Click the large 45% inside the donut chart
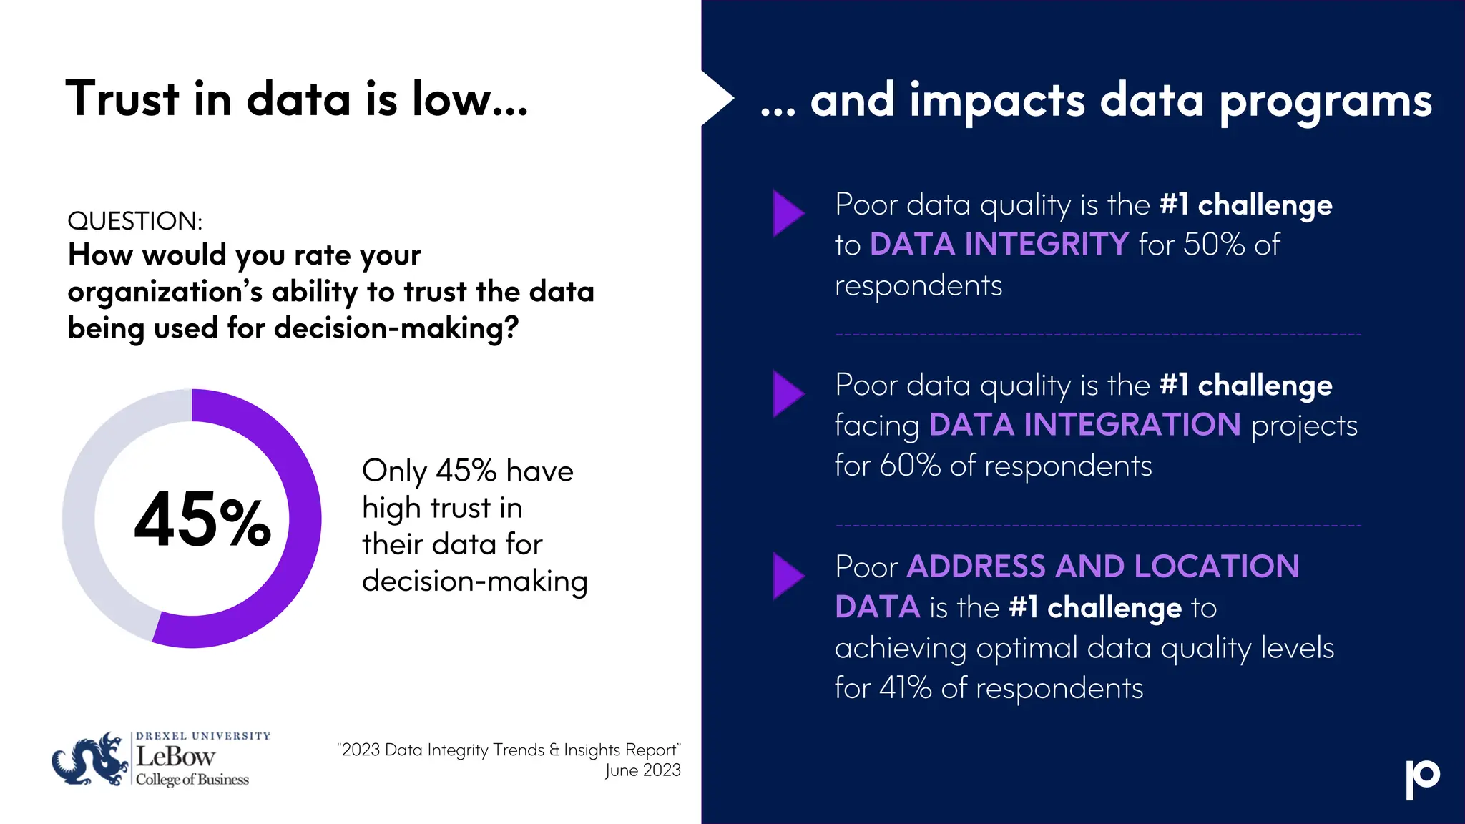(x=202, y=520)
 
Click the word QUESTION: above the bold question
(x=135, y=221)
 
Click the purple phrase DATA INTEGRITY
(x=999, y=245)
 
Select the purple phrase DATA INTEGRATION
(x=1084, y=425)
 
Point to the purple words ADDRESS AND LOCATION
(x=1102, y=566)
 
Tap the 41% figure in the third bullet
(x=906, y=688)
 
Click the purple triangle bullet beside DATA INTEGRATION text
(x=788, y=393)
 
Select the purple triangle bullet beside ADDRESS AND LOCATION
(x=788, y=576)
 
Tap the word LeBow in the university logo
(x=175, y=757)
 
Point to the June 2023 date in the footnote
(x=642, y=770)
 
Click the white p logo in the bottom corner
(x=1422, y=779)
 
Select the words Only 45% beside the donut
(x=428, y=471)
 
